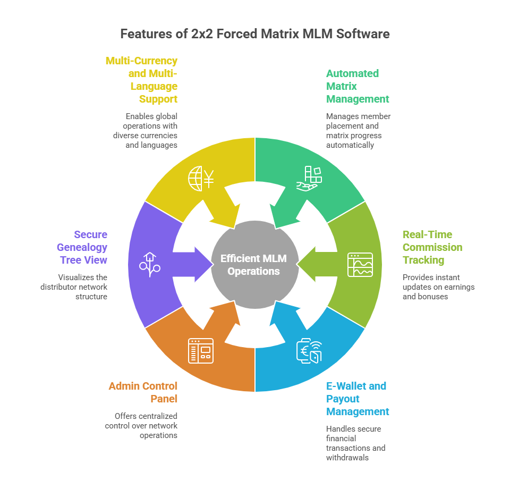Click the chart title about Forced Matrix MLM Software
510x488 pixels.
point(254,34)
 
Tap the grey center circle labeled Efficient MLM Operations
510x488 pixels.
point(254,264)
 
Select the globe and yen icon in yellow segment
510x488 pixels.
point(201,179)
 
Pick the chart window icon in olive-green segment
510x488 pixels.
point(360,264)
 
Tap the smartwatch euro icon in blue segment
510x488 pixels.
point(309,351)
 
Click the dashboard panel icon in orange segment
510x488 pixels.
point(201,351)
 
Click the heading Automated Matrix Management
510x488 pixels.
point(358,86)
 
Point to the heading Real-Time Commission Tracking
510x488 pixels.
point(432,247)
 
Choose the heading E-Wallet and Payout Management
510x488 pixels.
point(357,399)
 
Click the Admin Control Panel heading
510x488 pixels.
point(143,392)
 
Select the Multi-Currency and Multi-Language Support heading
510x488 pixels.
point(142,80)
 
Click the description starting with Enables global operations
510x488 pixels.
point(144,130)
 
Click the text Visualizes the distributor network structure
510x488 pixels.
point(74,287)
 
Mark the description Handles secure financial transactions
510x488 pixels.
point(355,443)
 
